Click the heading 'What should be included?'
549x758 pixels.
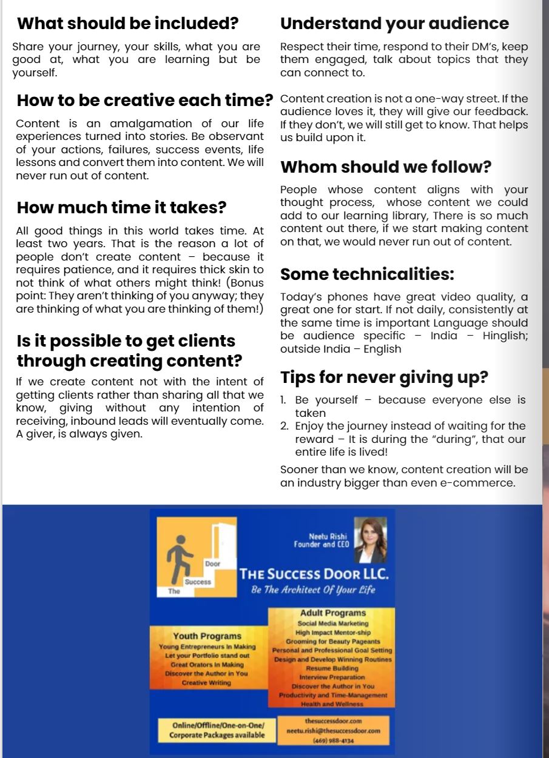click(x=127, y=24)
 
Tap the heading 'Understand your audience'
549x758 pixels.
click(x=394, y=24)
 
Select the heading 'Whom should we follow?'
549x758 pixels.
click(x=385, y=167)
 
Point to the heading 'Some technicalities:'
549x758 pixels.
click(x=367, y=274)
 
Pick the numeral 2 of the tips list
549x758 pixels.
click(x=284, y=426)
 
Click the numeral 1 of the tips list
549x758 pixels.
click(x=283, y=400)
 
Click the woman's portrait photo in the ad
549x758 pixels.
click(x=370, y=540)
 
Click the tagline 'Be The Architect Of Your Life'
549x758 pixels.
click(x=313, y=590)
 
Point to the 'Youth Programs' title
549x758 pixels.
click(x=207, y=636)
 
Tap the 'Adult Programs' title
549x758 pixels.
click(x=332, y=613)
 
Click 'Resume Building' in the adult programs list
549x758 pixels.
click(x=332, y=668)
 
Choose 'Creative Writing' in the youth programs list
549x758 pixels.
click(x=206, y=683)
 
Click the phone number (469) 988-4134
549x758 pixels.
click(x=333, y=740)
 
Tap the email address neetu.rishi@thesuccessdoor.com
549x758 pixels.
click(x=333, y=731)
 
